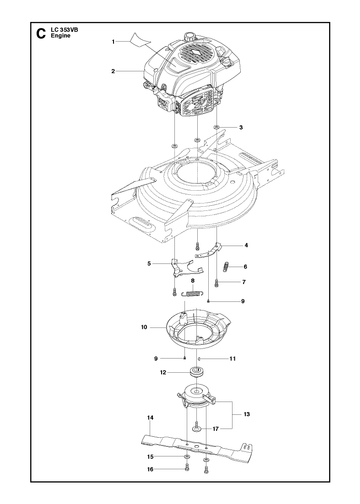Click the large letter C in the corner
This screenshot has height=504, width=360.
pyautogui.click(x=41, y=33)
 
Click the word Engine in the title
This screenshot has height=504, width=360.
pyautogui.click(x=61, y=36)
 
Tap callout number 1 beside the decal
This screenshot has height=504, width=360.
pyautogui.click(x=113, y=42)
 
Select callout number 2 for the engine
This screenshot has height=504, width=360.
pyautogui.click(x=113, y=71)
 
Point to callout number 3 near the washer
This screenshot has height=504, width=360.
pyautogui.click(x=241, y=127)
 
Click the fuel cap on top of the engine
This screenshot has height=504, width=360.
pyautogui.click(x=191, y=36)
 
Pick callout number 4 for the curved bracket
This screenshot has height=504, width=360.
pyautogui.click(x=246, y=245)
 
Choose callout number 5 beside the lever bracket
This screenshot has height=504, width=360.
pyautogui.click(x=149, y=264)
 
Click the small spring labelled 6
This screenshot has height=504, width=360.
pyautogui.click(x=226, y=267)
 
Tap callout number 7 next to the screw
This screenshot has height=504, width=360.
pyautogui.click(x=244, y=282)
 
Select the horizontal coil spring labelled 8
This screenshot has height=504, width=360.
pyautogui.click(x=192, y=293)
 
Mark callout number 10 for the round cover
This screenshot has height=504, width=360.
pyautogui.click(x=144, y=327)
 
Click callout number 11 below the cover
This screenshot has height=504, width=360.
pyautogui.click(x=233, y=359)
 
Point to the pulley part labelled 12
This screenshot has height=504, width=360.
pyautogui.click(x=196, y=371)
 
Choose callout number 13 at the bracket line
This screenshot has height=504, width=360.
pyautogui.click(x=247, y=414)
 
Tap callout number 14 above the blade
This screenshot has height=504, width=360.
pyautogui.click(x=150, y=418)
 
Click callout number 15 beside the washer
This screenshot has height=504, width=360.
pyautogui.click(x=150, y=457)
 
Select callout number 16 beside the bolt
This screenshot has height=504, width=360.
pyautogui.click(x=150, y=469)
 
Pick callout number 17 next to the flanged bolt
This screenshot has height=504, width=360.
pyautogui.click(x=216, y=429)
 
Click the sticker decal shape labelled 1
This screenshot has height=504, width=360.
pyautogui.click(x=139, y=39)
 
